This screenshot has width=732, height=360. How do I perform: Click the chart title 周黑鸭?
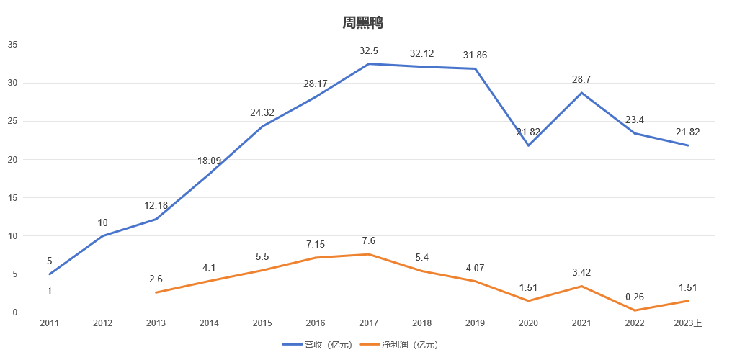[x=362, y=23]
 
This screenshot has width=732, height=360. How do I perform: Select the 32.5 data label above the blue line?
[x=369, y=51]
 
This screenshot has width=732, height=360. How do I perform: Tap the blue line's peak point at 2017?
[x=369, y=64]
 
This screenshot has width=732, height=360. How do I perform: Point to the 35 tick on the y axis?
[x=12, y=45]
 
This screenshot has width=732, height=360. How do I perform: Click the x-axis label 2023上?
[x=688, y=323]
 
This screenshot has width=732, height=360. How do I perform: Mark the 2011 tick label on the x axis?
[x=49, y=323]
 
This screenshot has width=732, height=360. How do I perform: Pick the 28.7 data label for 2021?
[x=581, y=80]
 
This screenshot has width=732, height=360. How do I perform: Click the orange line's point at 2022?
[x=635, y=310]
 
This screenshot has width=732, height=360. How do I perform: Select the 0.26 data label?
[x=635, y=297]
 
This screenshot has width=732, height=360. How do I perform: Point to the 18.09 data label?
[x=209, y=161]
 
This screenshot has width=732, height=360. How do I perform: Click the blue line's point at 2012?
[x=102, y=235]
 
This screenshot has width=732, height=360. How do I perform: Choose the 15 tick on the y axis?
[x=12, y=197]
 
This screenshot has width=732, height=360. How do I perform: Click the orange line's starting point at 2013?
[x=156, y=292]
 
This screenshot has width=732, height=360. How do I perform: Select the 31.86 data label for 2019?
[x=475, y=55]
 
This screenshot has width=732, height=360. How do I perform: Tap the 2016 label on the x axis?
[x=316, y=323]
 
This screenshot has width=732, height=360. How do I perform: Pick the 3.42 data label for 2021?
[x=581, y=273]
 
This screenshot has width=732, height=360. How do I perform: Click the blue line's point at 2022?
[x=635, y=133]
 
